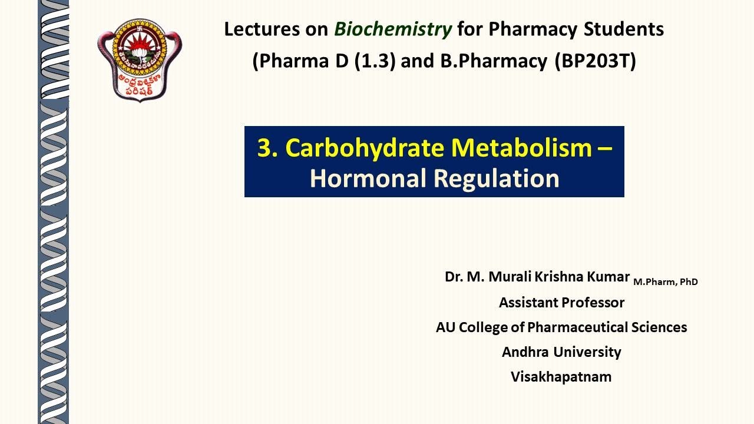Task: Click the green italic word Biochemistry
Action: point(393,29)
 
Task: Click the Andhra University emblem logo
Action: point(140,59)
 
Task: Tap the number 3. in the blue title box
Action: point(267,148)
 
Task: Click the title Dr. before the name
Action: point(454,277)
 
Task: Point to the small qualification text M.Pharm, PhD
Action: point(666,282)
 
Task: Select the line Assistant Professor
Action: point(561,303)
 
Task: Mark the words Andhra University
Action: point(561,352)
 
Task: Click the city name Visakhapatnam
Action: point(561,377)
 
